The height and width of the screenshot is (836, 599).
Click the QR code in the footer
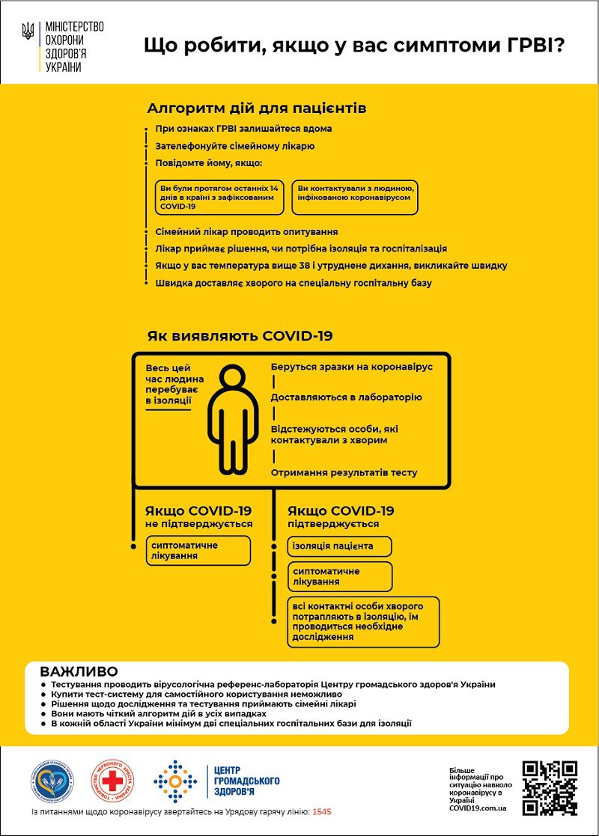coord(550,787)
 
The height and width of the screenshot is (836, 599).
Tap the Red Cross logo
coord(113,781)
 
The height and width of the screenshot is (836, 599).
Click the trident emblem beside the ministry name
coord(28,31)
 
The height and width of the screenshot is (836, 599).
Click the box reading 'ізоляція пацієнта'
coord(340,546)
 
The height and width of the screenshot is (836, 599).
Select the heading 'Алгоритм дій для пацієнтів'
coord(257,109)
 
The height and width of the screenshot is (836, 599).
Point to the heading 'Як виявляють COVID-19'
coord(240,336)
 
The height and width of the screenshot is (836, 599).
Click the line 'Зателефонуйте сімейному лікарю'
coord(235,146)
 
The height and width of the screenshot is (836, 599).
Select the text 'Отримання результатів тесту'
coord(344,473)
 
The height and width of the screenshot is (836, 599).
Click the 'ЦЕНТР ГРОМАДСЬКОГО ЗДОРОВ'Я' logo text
coord(246,781)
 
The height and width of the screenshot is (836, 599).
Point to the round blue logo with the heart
coord(52,781)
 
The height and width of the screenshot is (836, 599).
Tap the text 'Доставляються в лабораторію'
coord(346,397)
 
